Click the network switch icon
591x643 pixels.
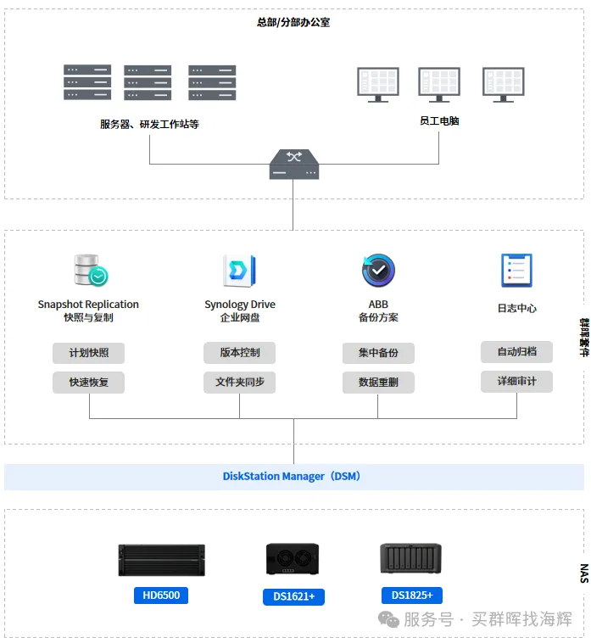point(294,164)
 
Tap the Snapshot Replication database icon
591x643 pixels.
point(91,270)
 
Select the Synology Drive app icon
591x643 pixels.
point(240,271)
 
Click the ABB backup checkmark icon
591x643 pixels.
point(378,271)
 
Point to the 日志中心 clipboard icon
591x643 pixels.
point(517,271)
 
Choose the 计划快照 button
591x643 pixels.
point(88,353)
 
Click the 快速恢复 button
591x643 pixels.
point(88,383)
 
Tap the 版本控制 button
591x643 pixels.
point(240,353)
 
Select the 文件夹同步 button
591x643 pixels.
point(240,383)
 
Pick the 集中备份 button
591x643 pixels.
point(378,353)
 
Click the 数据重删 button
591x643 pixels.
point(378,383)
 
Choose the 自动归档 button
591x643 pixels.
point(517,352)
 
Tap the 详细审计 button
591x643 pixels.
point(517,382)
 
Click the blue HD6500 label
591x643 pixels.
point(161,595)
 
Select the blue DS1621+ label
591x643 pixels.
point(294,596)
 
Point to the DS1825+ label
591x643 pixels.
point(412,595)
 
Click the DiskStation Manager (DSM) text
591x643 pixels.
point(292,477)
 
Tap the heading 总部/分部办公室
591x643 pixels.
point(293,22)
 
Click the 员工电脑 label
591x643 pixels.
point(439,121)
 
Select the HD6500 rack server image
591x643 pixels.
point(161,560)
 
